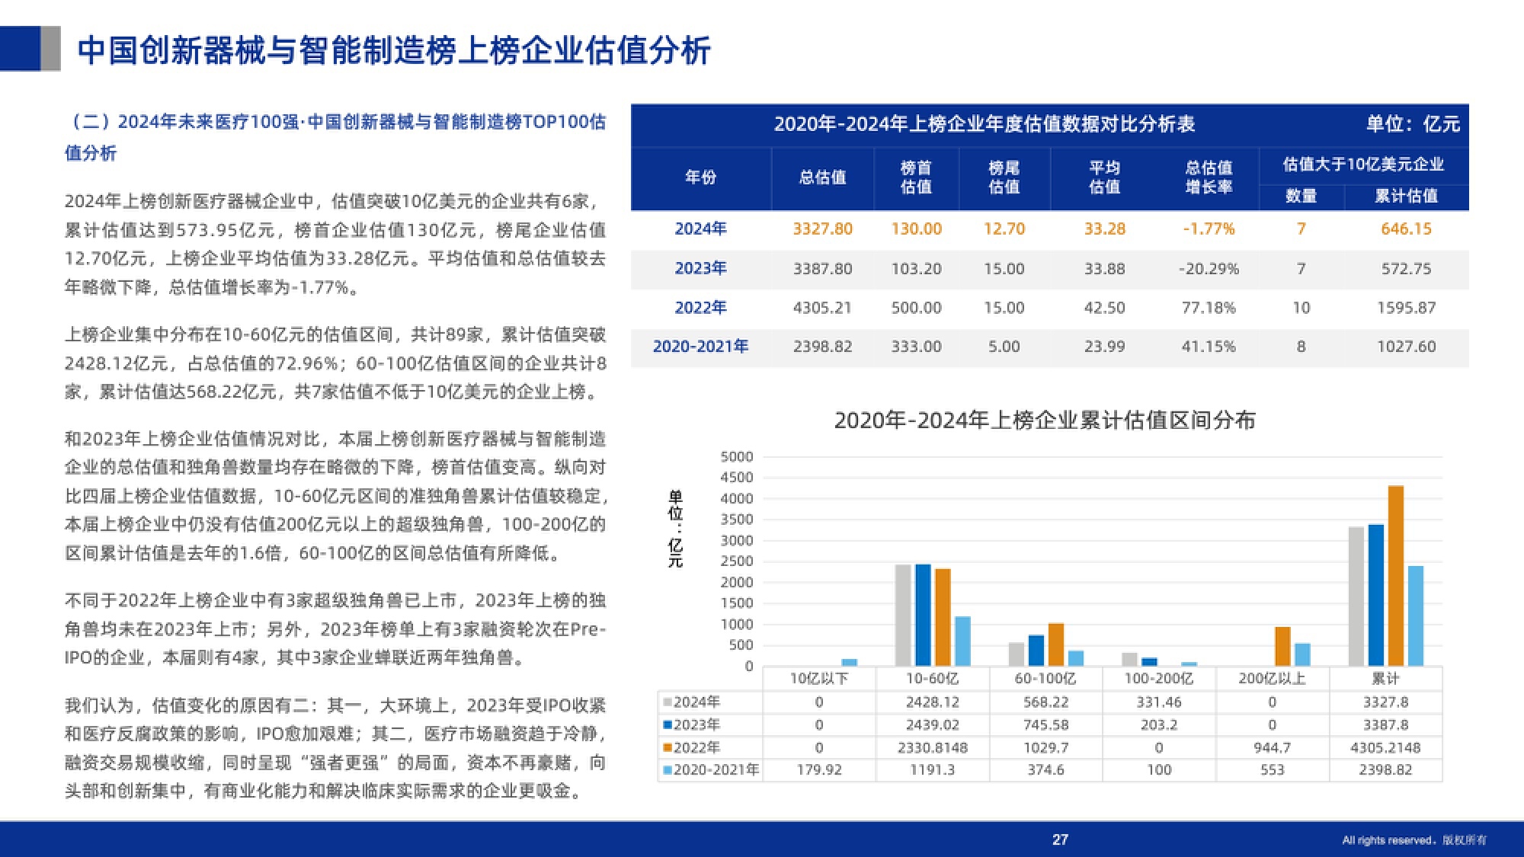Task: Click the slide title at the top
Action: click(394, 50)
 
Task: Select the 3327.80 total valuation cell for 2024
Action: click(822, 229)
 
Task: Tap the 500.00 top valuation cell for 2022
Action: click(916, 308)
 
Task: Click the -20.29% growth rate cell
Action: click(1209, 269)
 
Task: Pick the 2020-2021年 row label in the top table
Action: click(700, 347)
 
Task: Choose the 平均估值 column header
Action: click(1104, 177)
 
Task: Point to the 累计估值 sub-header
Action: click(1406, 197)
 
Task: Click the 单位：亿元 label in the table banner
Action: click(1413, 124)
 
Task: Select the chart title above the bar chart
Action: click(1045, 421)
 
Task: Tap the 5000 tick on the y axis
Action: click(737, 457)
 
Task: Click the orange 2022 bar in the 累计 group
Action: click(1396, 576)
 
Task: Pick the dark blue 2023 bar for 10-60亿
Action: click(923, 615)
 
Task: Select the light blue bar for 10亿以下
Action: click(849, 662)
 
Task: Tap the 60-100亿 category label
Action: click(1045, 678)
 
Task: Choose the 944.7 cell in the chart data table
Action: click(1272, 747)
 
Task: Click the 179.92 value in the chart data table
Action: click(819, 769)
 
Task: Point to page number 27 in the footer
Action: click(1060, 839)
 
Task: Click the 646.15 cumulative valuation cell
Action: click(1406, 229)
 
